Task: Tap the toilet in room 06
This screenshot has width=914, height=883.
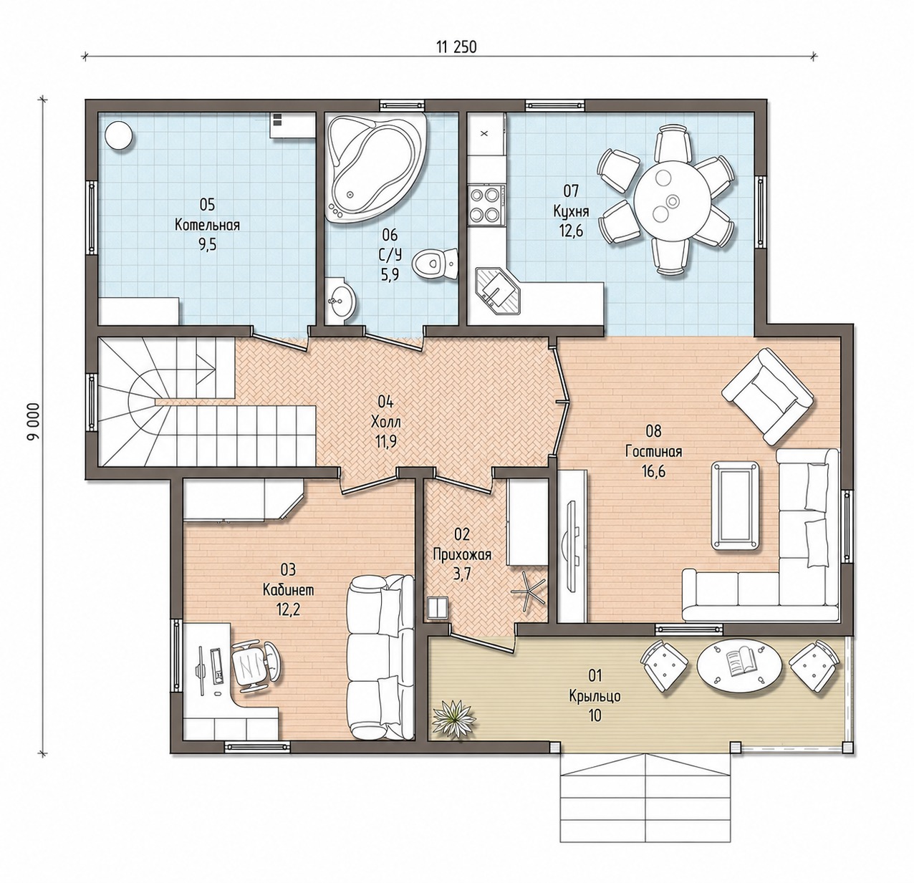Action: (436, 264)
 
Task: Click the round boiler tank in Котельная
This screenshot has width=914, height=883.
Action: (119, 136)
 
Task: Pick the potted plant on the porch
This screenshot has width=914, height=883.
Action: (453, 718)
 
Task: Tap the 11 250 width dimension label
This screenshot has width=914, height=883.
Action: (456, 47)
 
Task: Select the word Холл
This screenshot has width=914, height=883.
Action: (385, 422)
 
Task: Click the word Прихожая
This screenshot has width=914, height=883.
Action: (462, 554)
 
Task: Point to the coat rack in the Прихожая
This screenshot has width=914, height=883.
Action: (528, 592)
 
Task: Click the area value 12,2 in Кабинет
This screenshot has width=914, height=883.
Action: (288, 609)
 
